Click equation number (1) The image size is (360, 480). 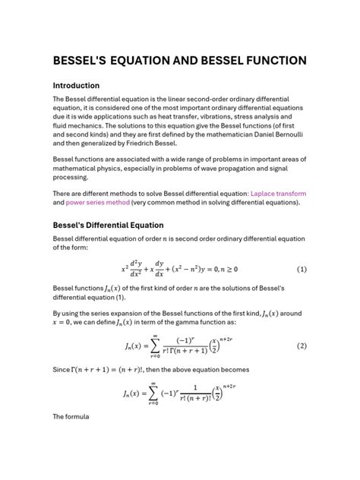pos(302,269)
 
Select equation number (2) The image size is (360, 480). pos(302,345)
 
